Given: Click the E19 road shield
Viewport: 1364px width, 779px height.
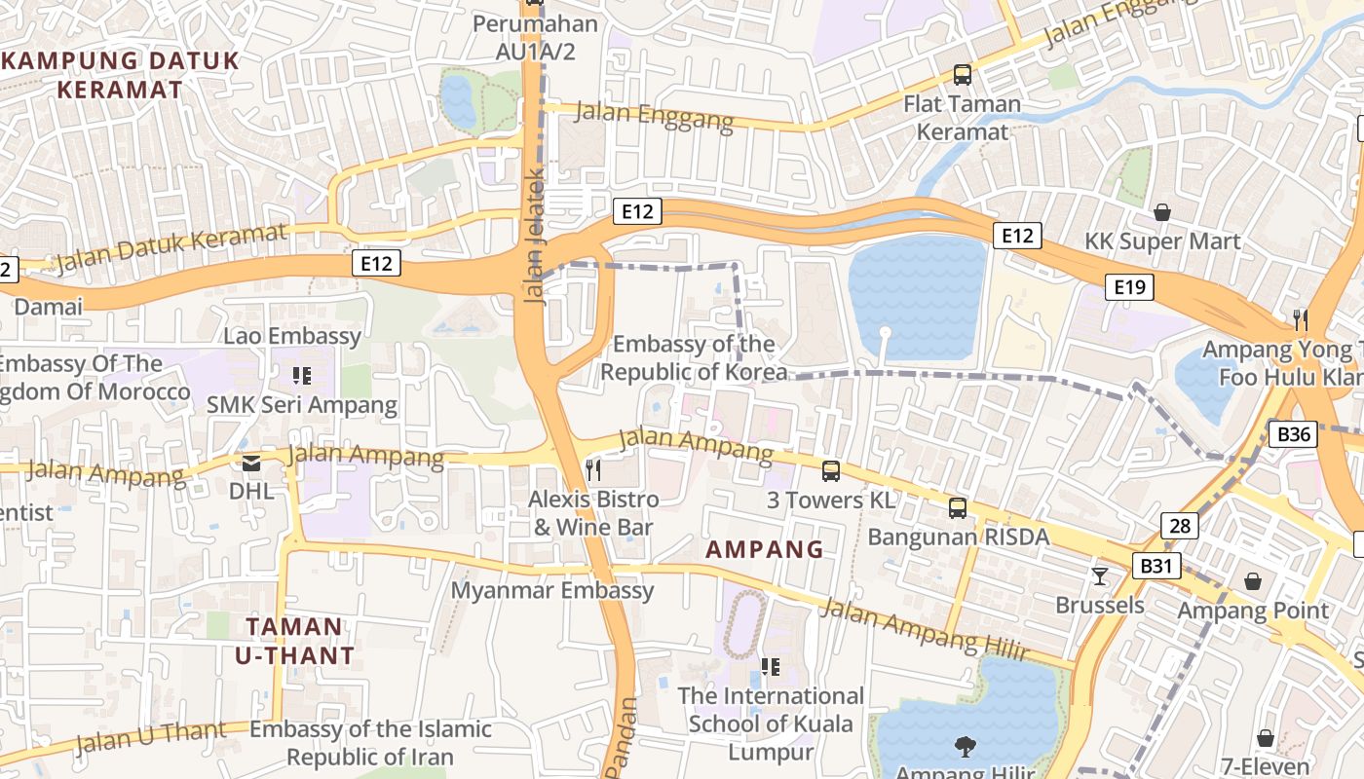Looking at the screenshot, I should point(1129,286).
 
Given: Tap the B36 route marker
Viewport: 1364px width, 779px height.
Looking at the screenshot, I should point(1294,433).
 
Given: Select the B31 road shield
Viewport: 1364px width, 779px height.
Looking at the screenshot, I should point(1156,566).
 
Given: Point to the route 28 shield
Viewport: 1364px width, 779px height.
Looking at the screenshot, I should point(1179,526).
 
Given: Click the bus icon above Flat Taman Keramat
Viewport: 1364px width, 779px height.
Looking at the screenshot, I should point(962,74).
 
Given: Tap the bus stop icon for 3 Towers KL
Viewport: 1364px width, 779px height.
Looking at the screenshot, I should point(830,471).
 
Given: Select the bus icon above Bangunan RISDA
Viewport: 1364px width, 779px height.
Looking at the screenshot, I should point(958,507).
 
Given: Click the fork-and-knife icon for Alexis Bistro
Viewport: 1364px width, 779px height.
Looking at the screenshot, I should point(592,470).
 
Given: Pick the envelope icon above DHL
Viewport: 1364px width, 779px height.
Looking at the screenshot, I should point(251,464).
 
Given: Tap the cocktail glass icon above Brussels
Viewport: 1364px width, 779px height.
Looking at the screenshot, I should point(1100,575).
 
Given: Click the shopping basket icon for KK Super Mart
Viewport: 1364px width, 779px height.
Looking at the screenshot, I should point(1161,211).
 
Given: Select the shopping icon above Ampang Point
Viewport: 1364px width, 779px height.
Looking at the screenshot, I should point(1252,581).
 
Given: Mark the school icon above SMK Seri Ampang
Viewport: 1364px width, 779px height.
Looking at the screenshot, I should point(301,375).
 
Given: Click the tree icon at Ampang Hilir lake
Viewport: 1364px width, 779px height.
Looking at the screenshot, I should point(965,747).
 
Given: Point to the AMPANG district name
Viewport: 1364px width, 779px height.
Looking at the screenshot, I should point(765,549).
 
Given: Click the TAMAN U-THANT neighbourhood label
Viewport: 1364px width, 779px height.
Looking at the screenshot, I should point(294,641).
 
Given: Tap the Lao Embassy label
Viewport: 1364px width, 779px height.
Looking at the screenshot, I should point(292,337).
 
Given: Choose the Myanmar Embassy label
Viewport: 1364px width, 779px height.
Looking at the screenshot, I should point(552,590).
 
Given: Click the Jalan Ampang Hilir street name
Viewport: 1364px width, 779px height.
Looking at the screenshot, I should point(924,630).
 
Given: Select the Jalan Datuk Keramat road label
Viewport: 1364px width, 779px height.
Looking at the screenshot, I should point(171,248).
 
